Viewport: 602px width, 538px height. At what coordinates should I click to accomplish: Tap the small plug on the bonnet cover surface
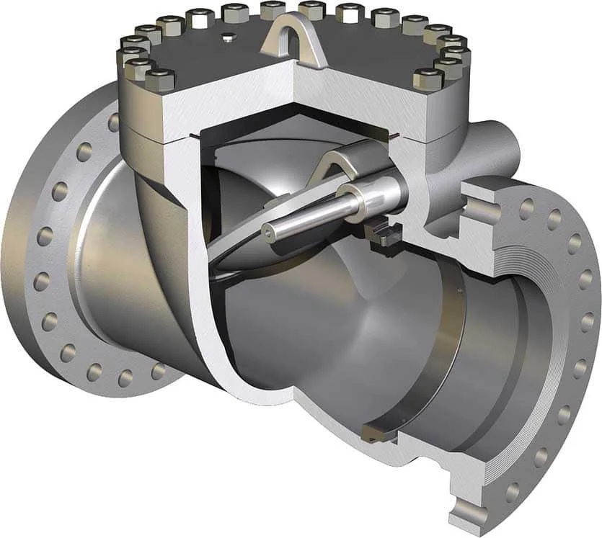click(228, 37)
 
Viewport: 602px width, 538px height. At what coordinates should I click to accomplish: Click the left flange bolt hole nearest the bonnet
click(114, 122)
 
